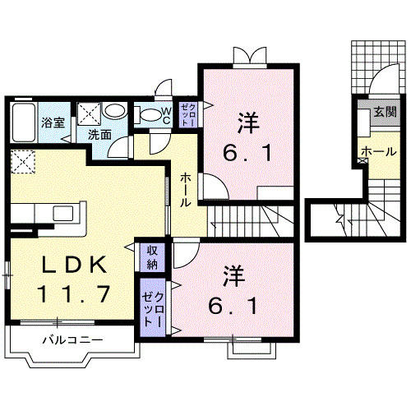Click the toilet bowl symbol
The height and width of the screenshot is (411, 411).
click(x=148, y=116)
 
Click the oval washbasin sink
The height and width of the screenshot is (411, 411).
click(x=114, y=112)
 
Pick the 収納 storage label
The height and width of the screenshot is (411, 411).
click(x=152, y=257)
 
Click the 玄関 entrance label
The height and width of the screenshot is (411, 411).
click(x=383, y=113)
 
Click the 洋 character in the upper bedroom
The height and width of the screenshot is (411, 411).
click(x=247, y=122)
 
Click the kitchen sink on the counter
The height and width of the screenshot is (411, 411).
click(x=63, y=214)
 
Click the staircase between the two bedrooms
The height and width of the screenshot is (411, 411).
click(x=247, y=220)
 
